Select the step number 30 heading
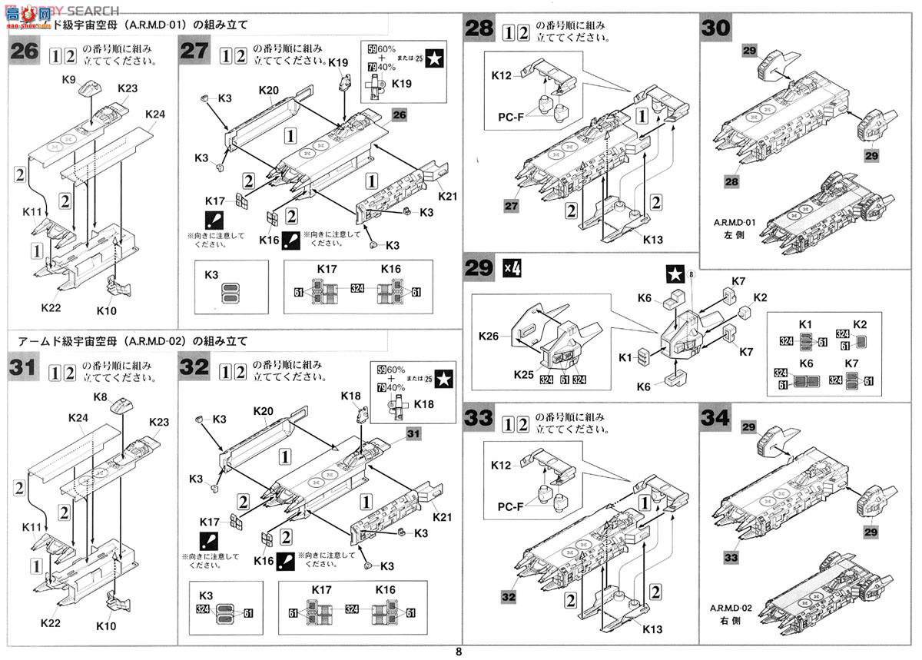click(715, 32)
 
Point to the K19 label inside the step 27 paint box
click(402, 84)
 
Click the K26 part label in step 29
click(489, 337)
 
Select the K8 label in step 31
click(100, 396)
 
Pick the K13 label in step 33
click(652, 629)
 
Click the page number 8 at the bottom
click(459, 652)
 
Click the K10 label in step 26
click(108, 312)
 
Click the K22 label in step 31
click(51, 622)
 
